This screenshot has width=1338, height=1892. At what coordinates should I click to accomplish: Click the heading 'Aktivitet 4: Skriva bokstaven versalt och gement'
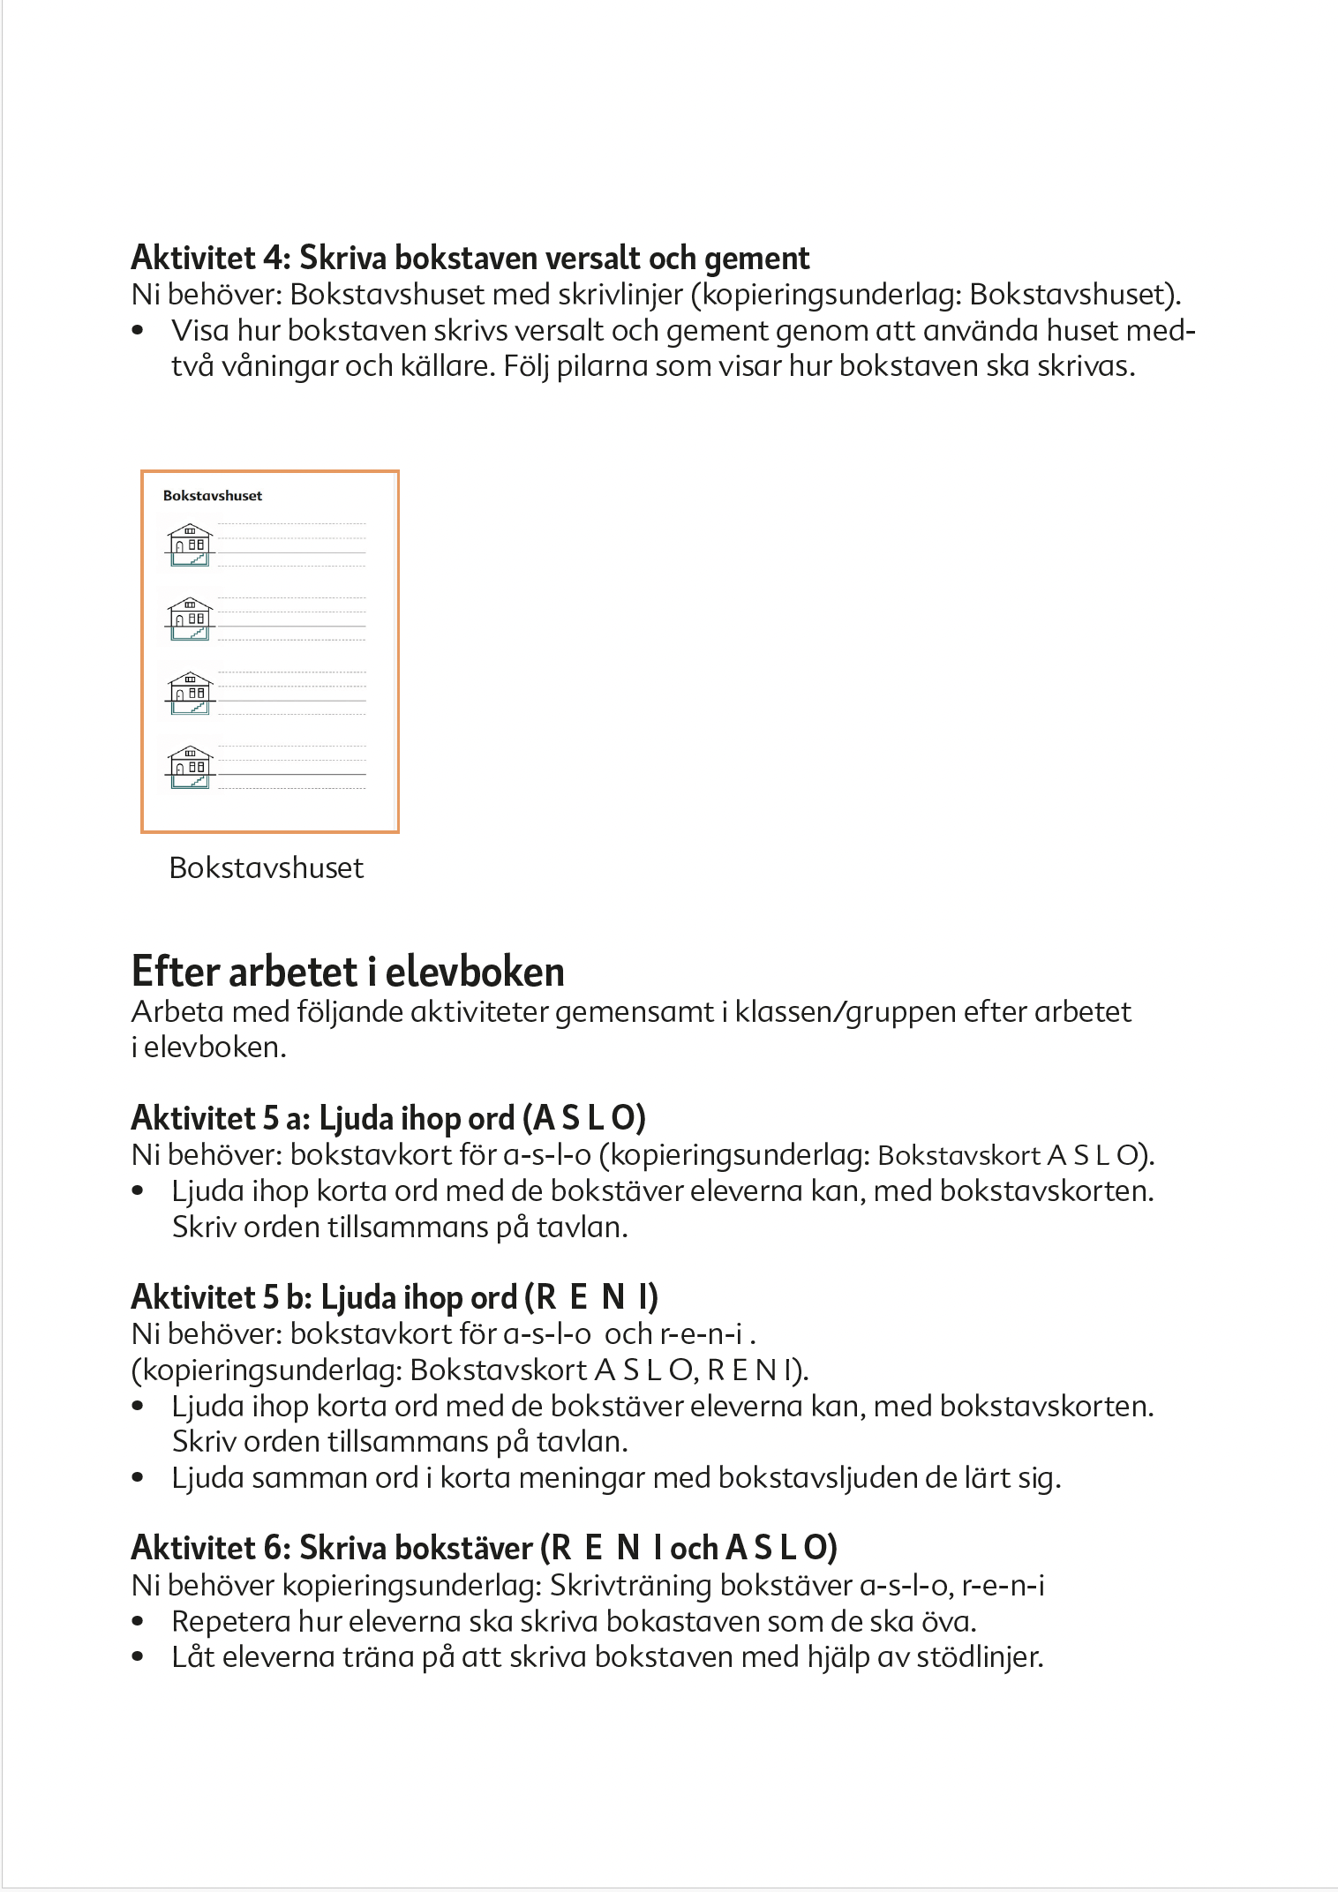[x=470, y=258]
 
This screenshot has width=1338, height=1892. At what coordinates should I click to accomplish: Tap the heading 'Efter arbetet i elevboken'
[x=348, y=972]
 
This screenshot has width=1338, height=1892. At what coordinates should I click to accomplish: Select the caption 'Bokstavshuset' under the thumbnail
[x=266, y=867]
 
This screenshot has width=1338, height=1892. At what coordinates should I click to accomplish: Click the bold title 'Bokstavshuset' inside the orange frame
[x=213, y=496]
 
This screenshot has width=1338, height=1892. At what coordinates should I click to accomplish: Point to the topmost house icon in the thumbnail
[x=190, y=545]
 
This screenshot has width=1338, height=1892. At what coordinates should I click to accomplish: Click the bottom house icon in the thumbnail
[x=190, y=768]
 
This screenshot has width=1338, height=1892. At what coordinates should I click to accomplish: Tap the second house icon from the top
[x=190, y=619]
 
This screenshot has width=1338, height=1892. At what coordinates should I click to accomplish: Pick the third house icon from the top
[x=190, y=694]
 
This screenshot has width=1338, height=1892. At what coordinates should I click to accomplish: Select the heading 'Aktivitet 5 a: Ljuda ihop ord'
[x=388, y=1118]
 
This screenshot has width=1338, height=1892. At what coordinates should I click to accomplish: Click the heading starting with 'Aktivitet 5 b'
[x=395, y=1297]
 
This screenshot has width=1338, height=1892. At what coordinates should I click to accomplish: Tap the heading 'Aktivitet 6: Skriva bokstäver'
[x=484, y=1547]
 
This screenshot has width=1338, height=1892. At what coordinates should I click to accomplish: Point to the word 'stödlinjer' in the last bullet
[x=980, y=1657]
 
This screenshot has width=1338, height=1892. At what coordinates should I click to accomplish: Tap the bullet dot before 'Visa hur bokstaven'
[x=138, y=331]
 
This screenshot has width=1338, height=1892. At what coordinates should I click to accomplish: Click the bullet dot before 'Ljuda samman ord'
[x=138, y=1477]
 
